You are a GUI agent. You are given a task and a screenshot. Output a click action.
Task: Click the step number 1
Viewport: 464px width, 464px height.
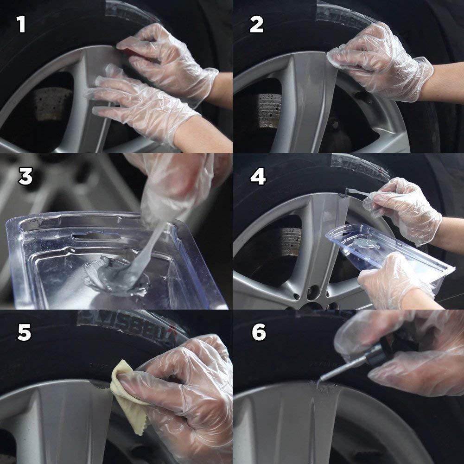click(21, 24)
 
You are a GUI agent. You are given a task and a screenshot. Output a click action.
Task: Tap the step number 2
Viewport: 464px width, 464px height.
click(256, 24)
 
